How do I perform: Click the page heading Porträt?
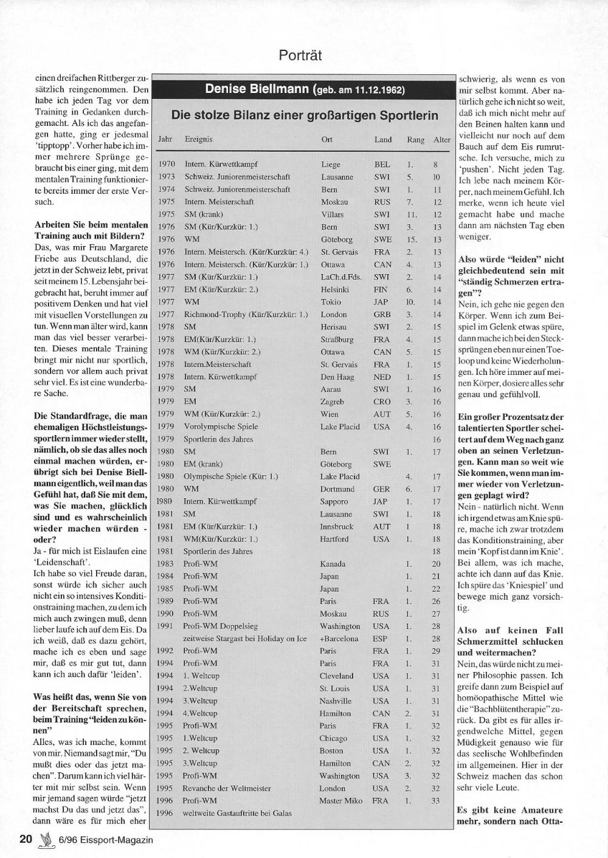coord(300,55)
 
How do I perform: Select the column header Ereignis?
coord(198,139)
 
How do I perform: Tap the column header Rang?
coord(416,140)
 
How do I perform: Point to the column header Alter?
coord(442,140)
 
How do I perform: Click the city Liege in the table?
coord(331,164)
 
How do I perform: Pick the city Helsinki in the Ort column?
coord(334,289)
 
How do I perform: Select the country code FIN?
coord(381,289)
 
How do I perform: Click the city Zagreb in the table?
coord(332,402)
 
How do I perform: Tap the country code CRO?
coord(381,402)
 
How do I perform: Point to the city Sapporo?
coord(334,501)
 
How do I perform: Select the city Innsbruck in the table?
coord(336,526)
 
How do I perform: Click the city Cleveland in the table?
coord(336,676)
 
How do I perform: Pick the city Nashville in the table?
coord(336,701)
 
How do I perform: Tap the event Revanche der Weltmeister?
coord(227,788)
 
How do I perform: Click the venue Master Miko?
coord(340,800)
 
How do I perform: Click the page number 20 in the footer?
coord(26,839)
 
